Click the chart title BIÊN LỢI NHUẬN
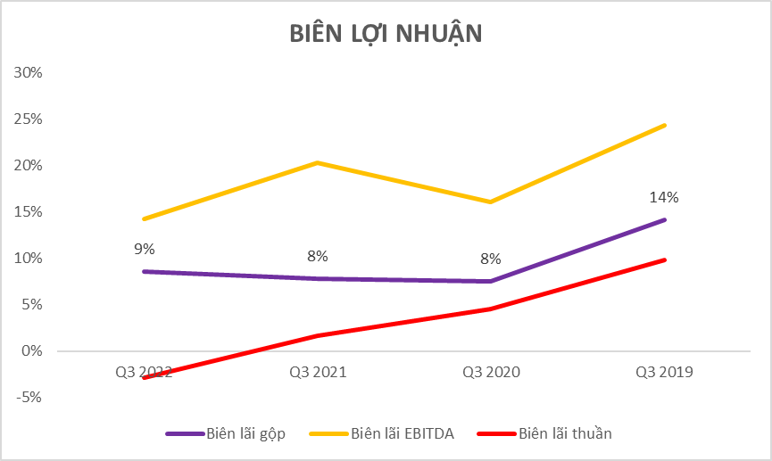click(386, 33)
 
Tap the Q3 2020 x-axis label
click(491, 372)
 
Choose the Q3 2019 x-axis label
click(664, 372)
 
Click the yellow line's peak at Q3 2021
click(317, 162)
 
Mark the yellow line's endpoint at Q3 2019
click(664, 126)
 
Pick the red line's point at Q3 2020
click(491, 309)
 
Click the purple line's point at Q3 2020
click(491, 281)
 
